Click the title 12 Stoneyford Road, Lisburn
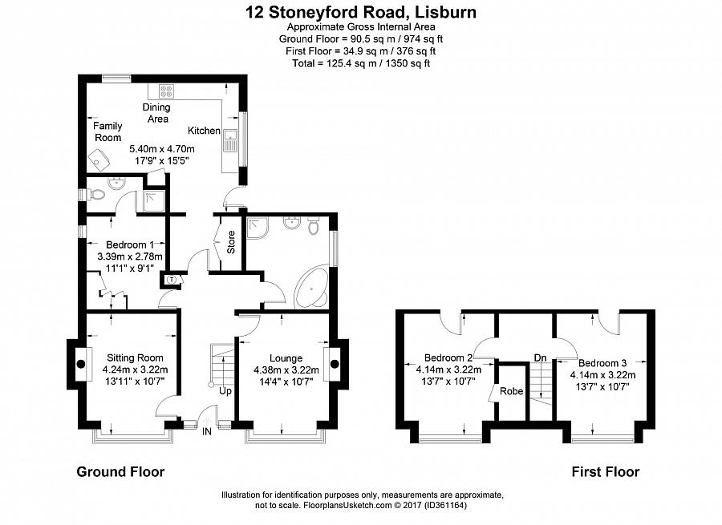tap(360, 12)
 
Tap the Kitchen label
tap(204, 131)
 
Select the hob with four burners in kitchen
tap(168, 91)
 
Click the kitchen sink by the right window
tap(230, 140)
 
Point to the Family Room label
tap(107, 131)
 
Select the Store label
tap(231, 243)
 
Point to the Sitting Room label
tap(133, 357)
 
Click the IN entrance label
tap(207, 432)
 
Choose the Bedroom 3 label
tap(602, 362)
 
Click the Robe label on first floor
tap(511, 392)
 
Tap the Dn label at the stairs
tap(541, 357)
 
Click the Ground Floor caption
tap(120, 472)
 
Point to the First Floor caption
tap(605, 472)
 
